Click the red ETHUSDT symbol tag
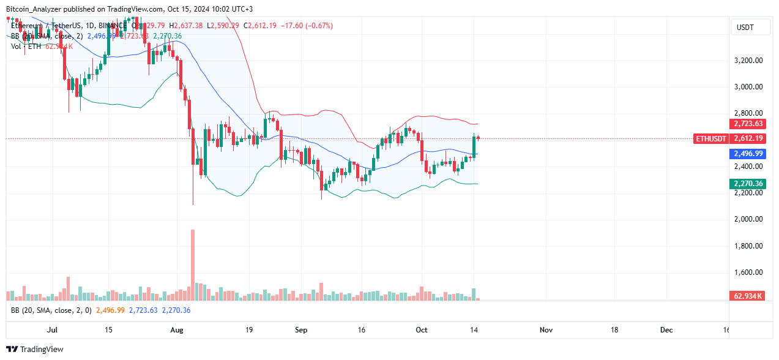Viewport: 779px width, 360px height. point(712,139)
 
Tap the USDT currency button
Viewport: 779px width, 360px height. point(745,28)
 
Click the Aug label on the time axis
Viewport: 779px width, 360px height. point(177,330)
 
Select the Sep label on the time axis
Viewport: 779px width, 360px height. point(301,330)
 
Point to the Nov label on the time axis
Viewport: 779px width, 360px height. point(546,330)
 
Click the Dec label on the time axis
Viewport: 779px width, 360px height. point(666,330)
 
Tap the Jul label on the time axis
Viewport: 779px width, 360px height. point(52,330)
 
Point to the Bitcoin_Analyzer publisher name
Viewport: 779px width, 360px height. point(38,9)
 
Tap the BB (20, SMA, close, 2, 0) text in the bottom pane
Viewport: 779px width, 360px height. point(51,310)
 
